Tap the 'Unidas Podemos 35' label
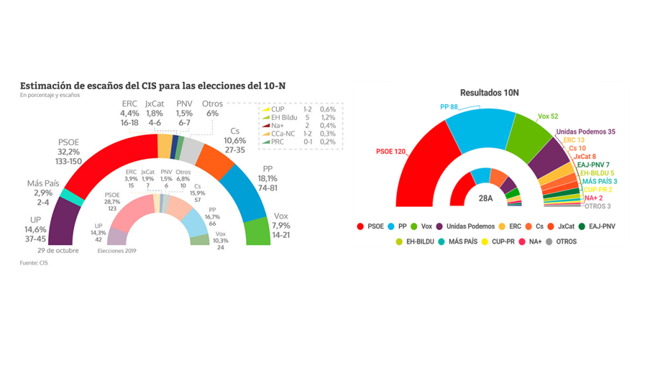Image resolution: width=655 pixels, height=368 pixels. click(585, 132)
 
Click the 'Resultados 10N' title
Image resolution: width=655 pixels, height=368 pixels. click(489, 93)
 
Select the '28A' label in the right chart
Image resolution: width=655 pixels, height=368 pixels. click(486, 198)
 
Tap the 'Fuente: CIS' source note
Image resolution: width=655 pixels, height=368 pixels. click(34, 263)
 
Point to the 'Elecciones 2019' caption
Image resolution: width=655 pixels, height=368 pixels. click(116, 250)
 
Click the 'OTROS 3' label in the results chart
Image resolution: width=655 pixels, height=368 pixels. click(597, 206)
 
